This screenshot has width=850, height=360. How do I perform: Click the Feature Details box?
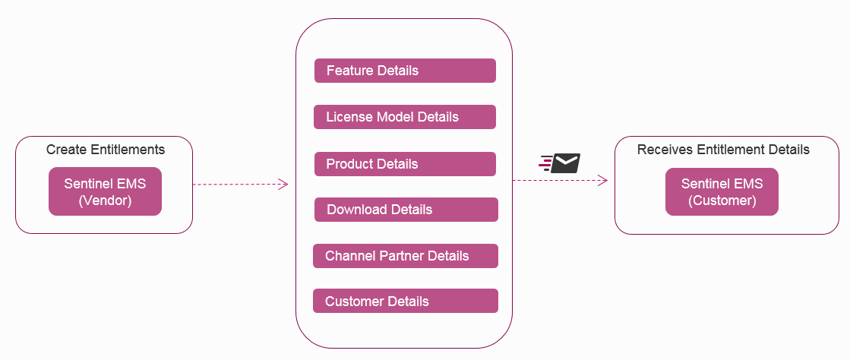pyautogui.click(x=405, y=71)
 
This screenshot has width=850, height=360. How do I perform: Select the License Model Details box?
pyautogui.click(x=405, y=117)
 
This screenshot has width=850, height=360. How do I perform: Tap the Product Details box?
pyautogui.click(x=405, y=164)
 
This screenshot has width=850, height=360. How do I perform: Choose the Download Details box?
pyautogui.click(x=406, y=210)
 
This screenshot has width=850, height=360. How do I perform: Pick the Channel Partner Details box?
pyautogui.click(x=405, y=256)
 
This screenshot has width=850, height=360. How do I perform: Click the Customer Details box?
pyautogui.click(x=405, y=302)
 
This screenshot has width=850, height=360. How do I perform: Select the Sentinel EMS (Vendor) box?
pyautogui.click(x=105, y=191)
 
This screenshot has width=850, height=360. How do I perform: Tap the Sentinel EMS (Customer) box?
pyautogui.click(x=722, y=191)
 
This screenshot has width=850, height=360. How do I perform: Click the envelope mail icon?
pyautogui.click(x=565, y=163)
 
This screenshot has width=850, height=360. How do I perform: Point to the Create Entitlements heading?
pyautogui.click(x=106, y=150)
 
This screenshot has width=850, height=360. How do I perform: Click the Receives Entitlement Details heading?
pyautogui.click(x=723, y=150)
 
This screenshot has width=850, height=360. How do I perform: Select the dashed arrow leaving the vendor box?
pyautogui.click(x=240, y=184)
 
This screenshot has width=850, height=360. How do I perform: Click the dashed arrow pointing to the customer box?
pyautogui.click(x=560, y=180)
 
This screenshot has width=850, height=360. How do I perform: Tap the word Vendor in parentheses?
pyautogui.click(x=106, y=201)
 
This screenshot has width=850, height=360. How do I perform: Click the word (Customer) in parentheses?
pyautogui.click(x=722, y=201)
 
